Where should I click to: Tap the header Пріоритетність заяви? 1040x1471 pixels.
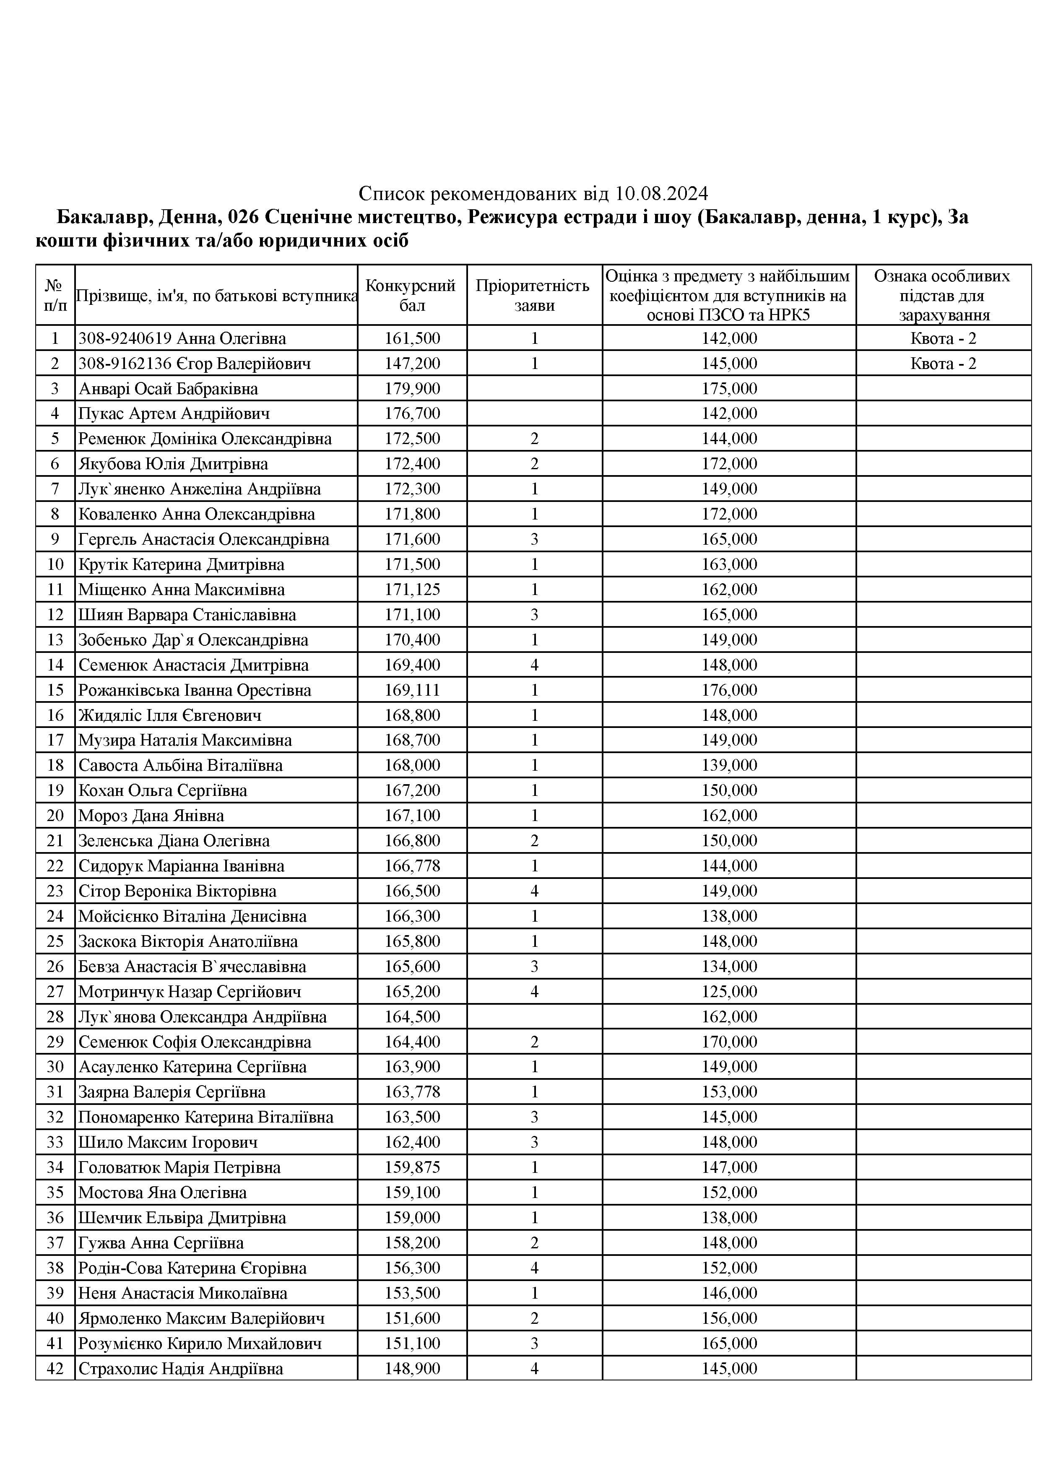534,295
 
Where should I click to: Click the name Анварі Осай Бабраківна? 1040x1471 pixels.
168,389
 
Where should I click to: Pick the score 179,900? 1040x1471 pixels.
412,389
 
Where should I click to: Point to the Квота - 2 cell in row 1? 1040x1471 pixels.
943,338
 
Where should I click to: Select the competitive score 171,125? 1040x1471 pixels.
412,590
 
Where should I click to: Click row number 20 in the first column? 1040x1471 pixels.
55,816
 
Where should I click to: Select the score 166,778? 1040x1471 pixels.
412,865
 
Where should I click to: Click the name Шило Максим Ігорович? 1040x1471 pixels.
168,1142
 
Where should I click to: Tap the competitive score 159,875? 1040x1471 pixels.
412,1167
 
